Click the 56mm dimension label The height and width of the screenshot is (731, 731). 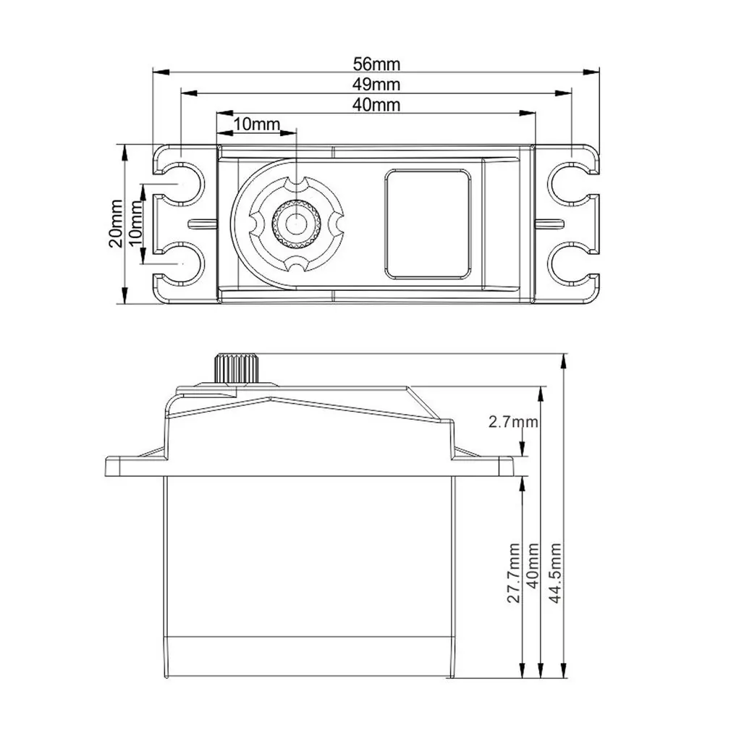coord(376,65)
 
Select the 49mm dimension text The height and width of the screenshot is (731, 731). coord(376,85)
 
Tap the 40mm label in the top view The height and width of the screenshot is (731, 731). coord(376,105)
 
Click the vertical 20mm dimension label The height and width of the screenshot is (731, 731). coord(115,224)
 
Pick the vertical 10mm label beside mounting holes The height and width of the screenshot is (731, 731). coord(135,224)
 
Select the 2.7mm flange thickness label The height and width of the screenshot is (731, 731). coord(513,421)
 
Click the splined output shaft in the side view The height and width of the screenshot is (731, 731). coord(234,370)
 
